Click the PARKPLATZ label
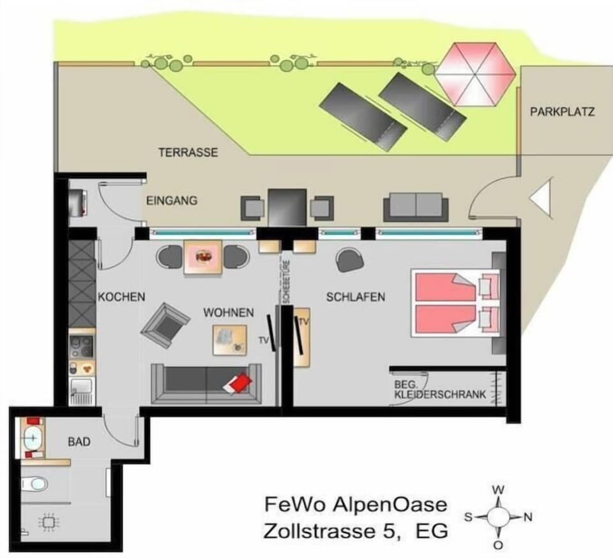tap(562, 112)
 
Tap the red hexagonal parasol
tap(475, 74)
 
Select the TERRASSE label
tap(188, 152)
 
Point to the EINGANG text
tap(172, 201)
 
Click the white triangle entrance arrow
tap(541, 198)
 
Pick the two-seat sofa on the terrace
tap(416, 206)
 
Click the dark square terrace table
tap(287, 207)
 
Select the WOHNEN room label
tap(229, 313)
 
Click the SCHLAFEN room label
tap(356, 297)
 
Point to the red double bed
tap(455, 303)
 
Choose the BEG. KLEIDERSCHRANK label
tap(440, 390)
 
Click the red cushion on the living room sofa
tap(238, 382)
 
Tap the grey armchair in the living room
tap(165, 325)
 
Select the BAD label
tap(79, 442)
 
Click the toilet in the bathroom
tap(34, 484)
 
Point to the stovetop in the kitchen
tap(81, 346)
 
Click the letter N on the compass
tap(528, 517)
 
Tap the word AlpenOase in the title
tap(390, 504)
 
